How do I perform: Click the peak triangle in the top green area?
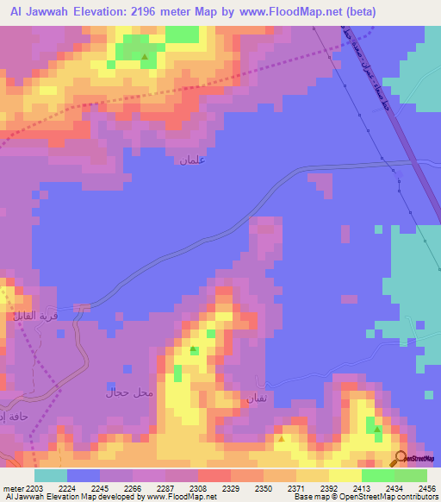(x=145, y=58)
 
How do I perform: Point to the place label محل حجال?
(x=128, y=393)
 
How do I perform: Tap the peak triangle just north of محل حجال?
(x=194, y=349)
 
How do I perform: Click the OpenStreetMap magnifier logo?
(x=401, y=458)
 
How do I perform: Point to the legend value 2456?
(x=427, y=488)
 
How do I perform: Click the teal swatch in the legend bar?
(x=50, y=475)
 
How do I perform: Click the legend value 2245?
(x=105, y=488)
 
